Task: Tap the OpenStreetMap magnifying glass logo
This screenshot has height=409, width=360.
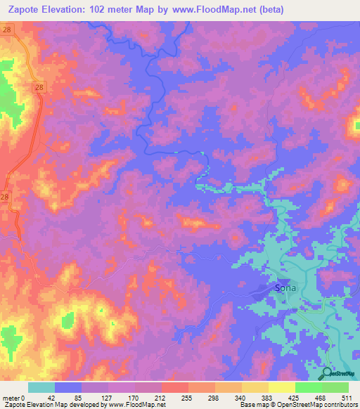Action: coord(327,373)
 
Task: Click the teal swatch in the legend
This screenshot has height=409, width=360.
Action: coord(41,387)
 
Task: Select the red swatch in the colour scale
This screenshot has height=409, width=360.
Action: coord(174,387)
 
